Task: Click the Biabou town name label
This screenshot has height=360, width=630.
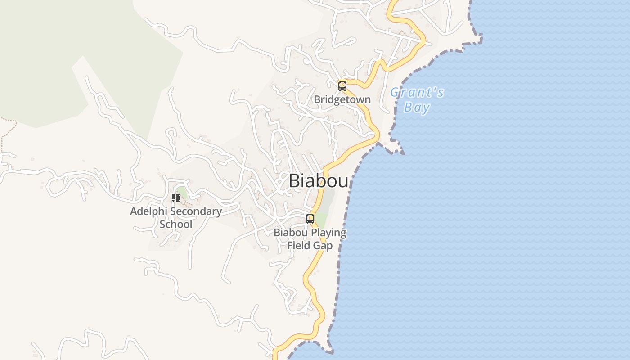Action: (318, 181)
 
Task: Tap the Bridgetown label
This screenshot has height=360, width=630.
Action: (342, 99)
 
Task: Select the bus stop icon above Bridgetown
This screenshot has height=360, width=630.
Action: (342, 86)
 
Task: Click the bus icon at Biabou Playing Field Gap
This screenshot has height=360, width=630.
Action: (310, 219)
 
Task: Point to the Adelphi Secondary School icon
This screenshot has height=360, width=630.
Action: (176, 198)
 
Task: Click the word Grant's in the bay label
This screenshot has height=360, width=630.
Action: (417, 93)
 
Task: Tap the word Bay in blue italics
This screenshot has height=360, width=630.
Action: (417, 108)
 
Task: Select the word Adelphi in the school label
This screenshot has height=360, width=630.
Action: (146, 211)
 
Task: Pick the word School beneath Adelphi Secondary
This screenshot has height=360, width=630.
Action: (176, 224)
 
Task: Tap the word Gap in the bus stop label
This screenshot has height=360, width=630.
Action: (324, 246)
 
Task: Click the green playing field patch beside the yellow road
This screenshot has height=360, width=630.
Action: (321, 220)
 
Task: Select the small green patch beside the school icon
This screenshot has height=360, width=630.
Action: (182, 192)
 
